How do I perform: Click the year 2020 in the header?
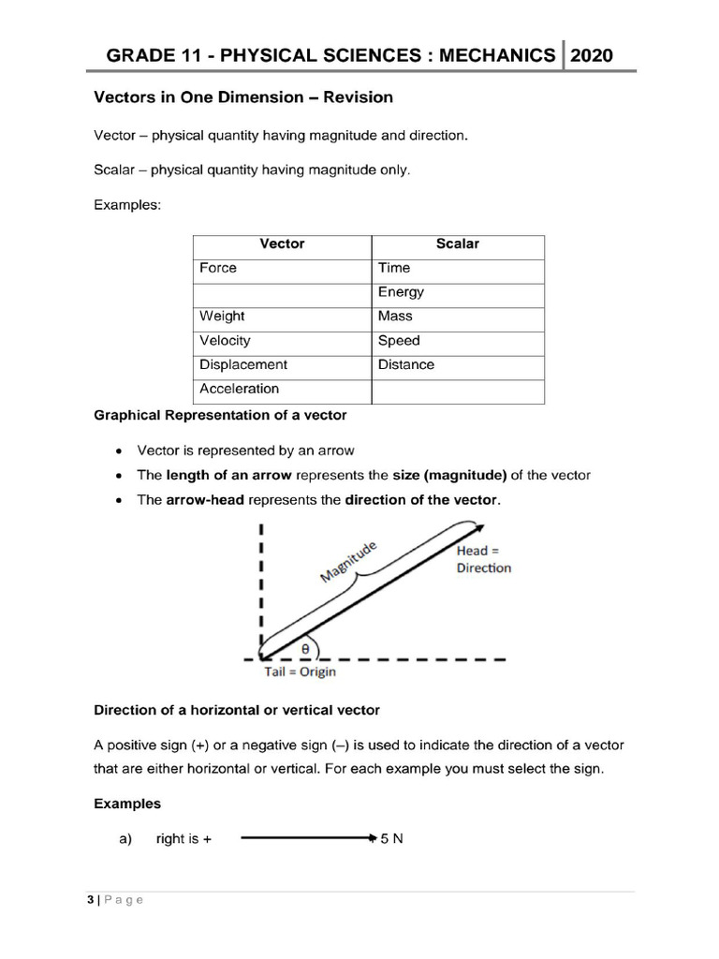coord(592,55)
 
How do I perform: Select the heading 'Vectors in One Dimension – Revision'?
coord(243,97)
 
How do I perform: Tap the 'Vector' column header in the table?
coord(282,243)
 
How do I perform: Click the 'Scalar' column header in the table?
coord(457,243)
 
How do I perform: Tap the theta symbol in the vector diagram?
coord(305,646)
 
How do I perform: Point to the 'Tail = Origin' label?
coord(300,671)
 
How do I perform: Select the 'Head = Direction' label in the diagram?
coord(483,559)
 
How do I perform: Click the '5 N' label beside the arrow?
coord(391,839)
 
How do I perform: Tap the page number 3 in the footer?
coord(90,900)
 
